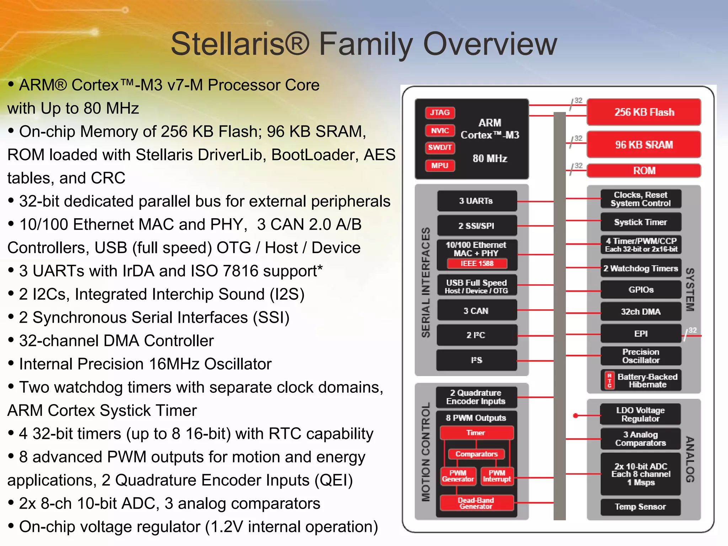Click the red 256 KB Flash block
[644, 112]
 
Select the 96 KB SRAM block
[644, 145]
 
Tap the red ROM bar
[644, 171]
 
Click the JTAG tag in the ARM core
[440, 113]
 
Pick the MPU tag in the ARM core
[440, 166]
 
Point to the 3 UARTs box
[476, 201]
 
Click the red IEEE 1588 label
[477, 263]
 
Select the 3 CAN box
[476, 311]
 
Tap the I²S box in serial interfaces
[476, 360]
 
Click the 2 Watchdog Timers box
[641, 268]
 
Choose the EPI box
[641, 333]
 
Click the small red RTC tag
[610, 380]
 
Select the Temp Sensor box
[640, 507]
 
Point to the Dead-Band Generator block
[476, 503]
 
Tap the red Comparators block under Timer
[476, 454]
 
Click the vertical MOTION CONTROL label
[426, 452]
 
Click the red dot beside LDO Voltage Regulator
[576, 415]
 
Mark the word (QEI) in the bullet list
[333, 480]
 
